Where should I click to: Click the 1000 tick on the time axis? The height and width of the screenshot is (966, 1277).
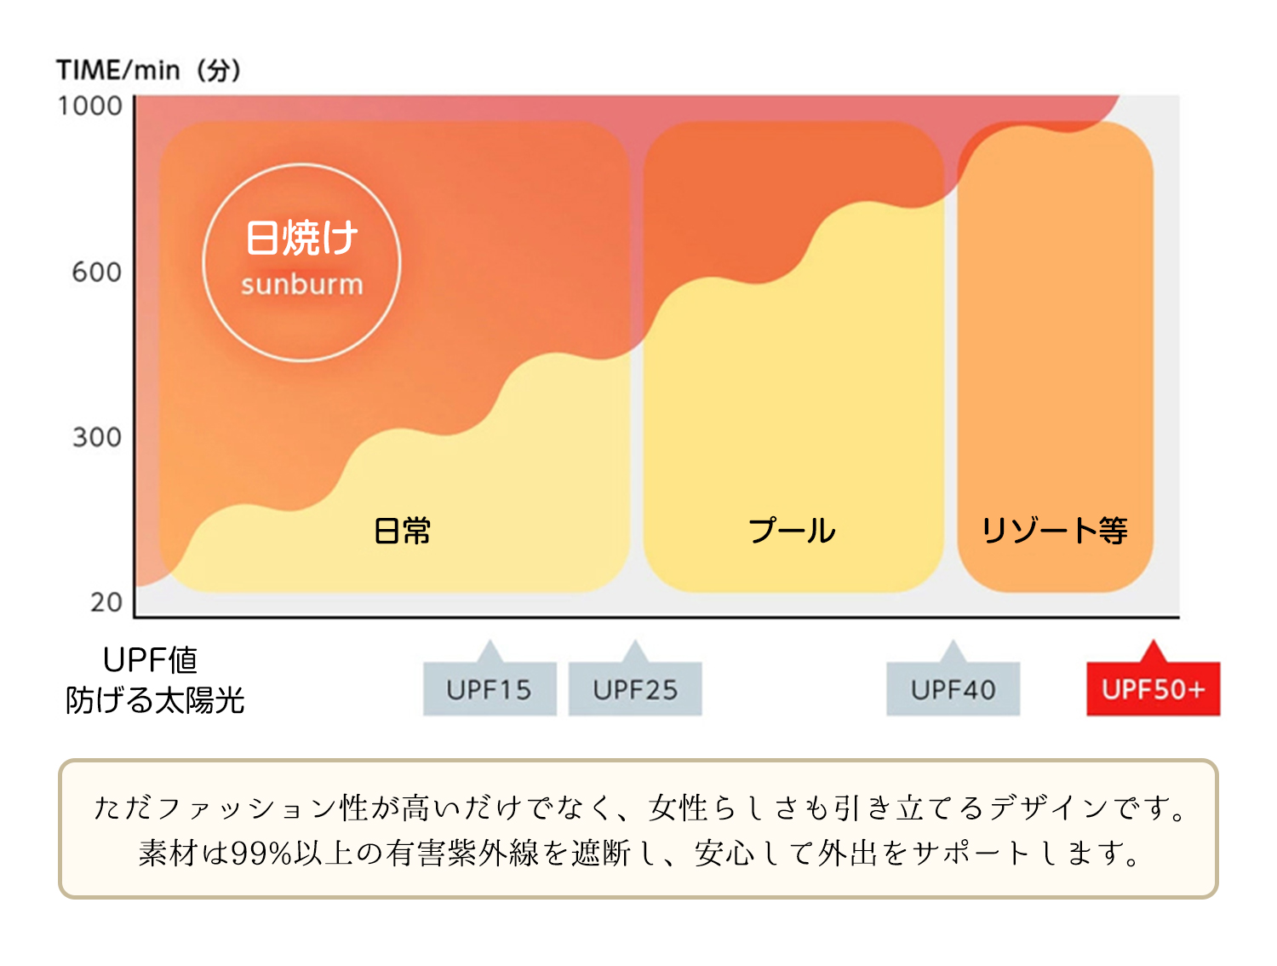[x=90, y=106]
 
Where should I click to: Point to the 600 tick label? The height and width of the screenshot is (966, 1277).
[x=96, y=273]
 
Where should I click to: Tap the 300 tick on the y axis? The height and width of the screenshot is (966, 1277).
[x=96, y=437]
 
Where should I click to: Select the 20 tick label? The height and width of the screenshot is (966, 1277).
[x=106, y=602]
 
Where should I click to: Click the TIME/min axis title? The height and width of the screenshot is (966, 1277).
[x=148, y=71]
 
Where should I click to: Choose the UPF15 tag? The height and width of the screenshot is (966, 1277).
[x=490, y=689]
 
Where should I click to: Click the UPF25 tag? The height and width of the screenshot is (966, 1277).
[x=635, y=689]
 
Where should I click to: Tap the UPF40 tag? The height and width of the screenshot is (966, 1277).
[x=953, y=689]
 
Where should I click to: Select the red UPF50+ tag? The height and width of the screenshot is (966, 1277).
[x=1153, y=689]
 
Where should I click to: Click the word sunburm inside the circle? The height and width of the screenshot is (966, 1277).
[x=302, y=285]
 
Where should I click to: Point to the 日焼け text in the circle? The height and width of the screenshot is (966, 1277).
[x=302, y=238]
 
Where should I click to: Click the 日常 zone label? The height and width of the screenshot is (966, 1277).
[x=403, y=531]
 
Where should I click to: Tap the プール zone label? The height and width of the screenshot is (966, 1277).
[x=792, y=531]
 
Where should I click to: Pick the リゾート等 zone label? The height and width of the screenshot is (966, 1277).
[x=1054, y=531]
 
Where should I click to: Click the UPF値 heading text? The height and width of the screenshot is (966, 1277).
[x=150, y=660]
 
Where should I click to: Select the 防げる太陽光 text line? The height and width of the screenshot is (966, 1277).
[x=155, y=700]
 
